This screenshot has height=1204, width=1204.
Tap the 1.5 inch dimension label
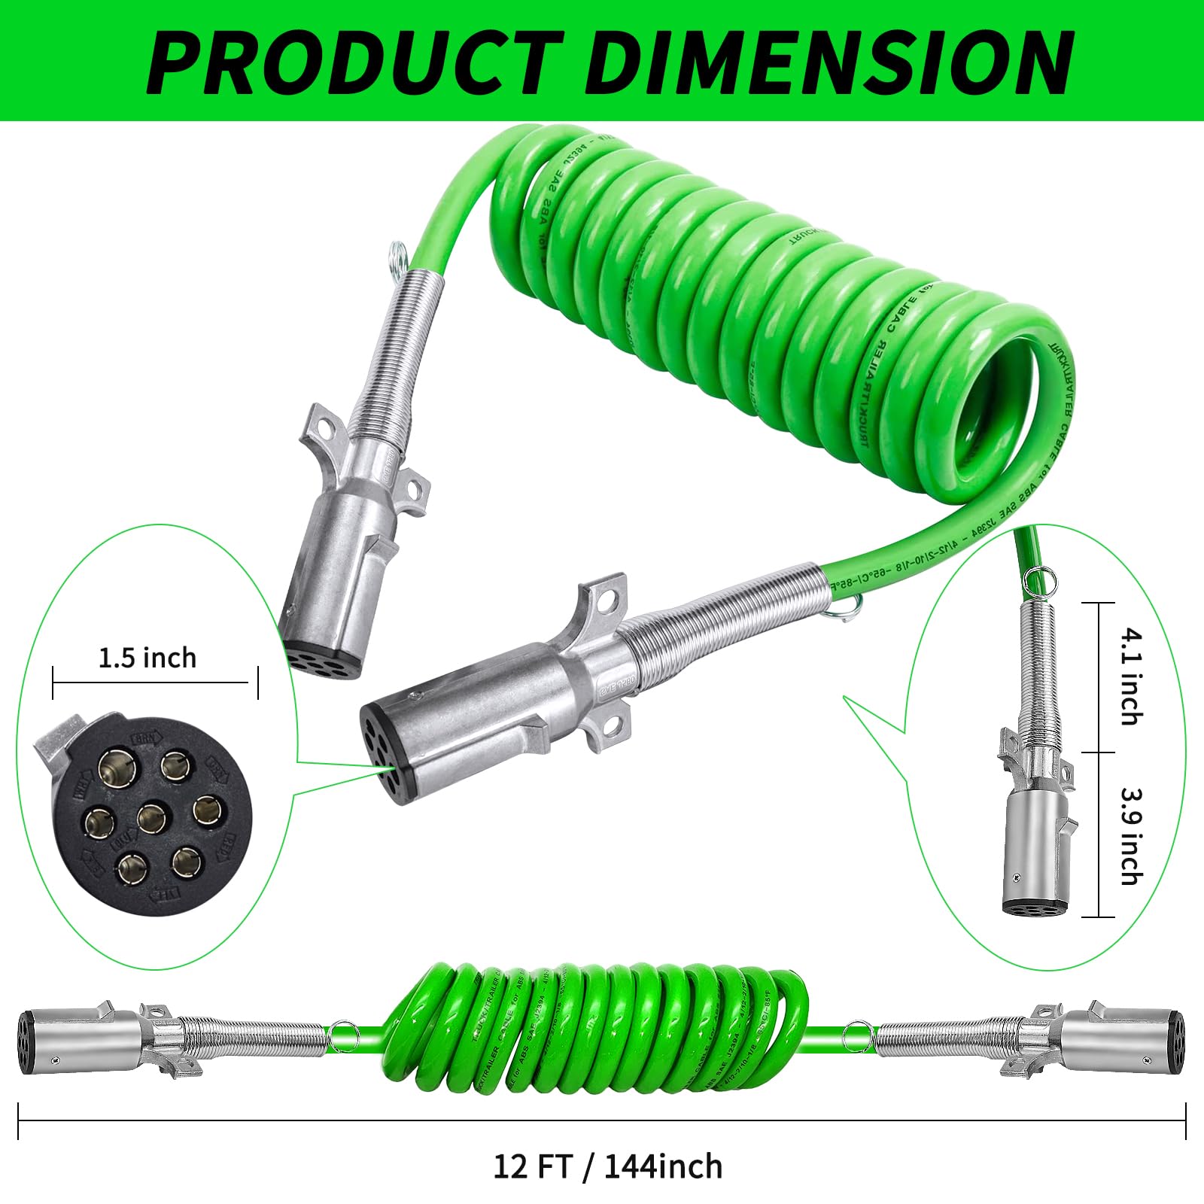[x=147, y=658]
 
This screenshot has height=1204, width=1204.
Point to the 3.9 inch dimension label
[x=1130, y=835]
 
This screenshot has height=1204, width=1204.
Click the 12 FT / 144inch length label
[x=607, y=1166]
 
